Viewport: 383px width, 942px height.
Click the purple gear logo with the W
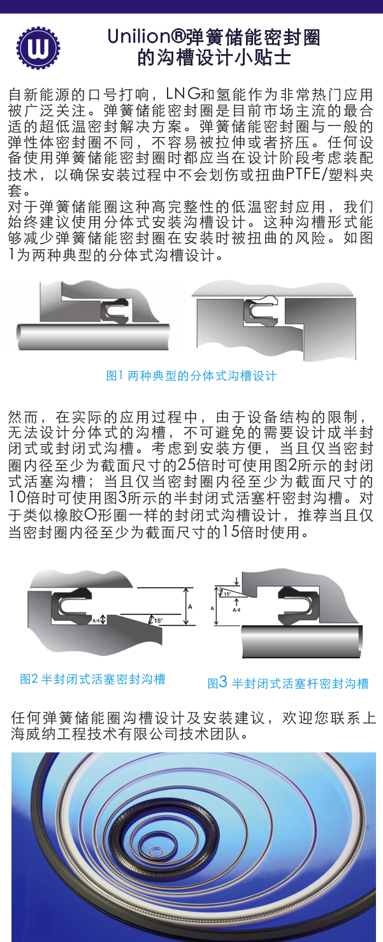[x=38, y=48]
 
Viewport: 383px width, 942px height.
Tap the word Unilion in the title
[x=140, y=37]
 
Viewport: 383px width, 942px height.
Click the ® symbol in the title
[x=178, y=37]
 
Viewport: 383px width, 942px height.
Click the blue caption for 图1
[x=191, y=375]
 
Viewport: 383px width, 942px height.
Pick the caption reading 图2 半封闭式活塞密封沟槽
[x=92, y=679]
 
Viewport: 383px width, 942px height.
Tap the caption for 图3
[x=288, y=683]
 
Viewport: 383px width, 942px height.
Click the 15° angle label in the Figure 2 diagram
[x=159, y=620]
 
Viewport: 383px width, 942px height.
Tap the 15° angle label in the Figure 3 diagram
[x=227, y=594]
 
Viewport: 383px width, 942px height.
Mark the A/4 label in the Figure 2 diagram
[x=96, y=620]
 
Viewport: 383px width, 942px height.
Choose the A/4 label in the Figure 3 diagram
[x=236, y=610]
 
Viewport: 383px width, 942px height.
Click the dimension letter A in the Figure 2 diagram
[x=190, y=606]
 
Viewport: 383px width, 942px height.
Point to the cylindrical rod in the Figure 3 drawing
[x=302, y=641]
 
